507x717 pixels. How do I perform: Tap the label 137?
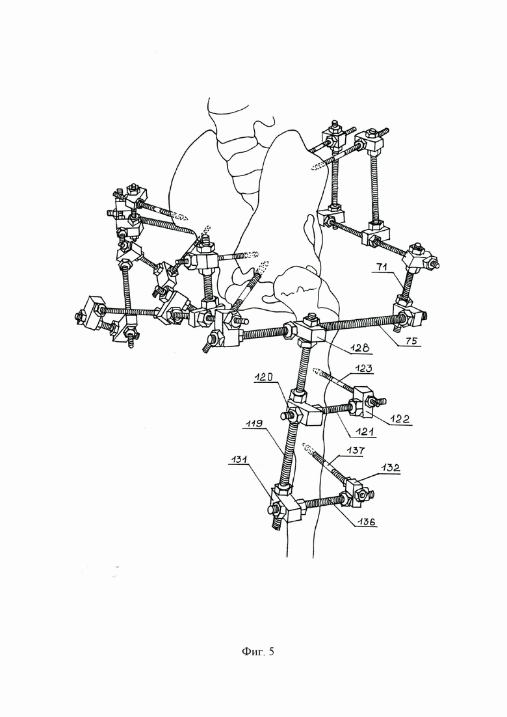[356, 450]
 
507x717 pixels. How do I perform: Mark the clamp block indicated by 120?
[298, 413]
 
